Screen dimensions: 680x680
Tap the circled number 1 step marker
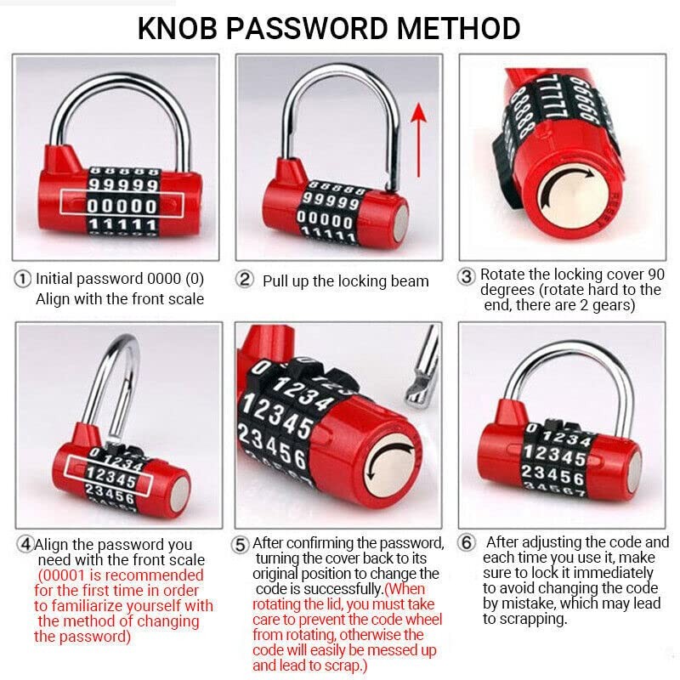23,279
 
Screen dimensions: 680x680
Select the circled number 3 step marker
467,276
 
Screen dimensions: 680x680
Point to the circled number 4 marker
25,544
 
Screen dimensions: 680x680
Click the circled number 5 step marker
241,544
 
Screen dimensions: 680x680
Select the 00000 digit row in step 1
122,205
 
